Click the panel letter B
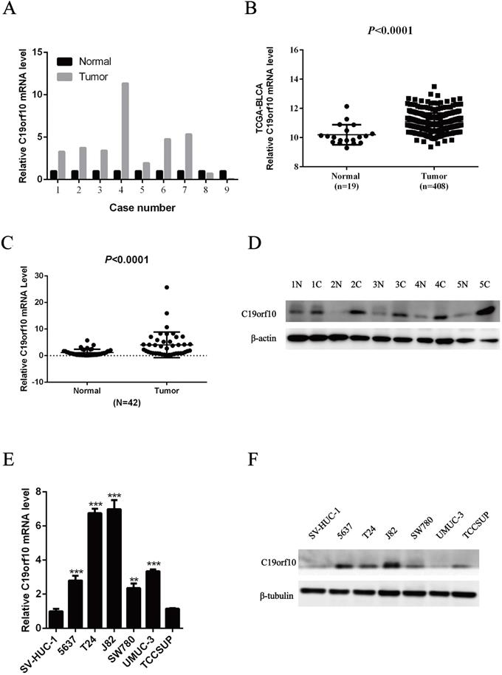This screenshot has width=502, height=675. coord(270,10)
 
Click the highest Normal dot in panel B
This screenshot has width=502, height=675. coord(346,107)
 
